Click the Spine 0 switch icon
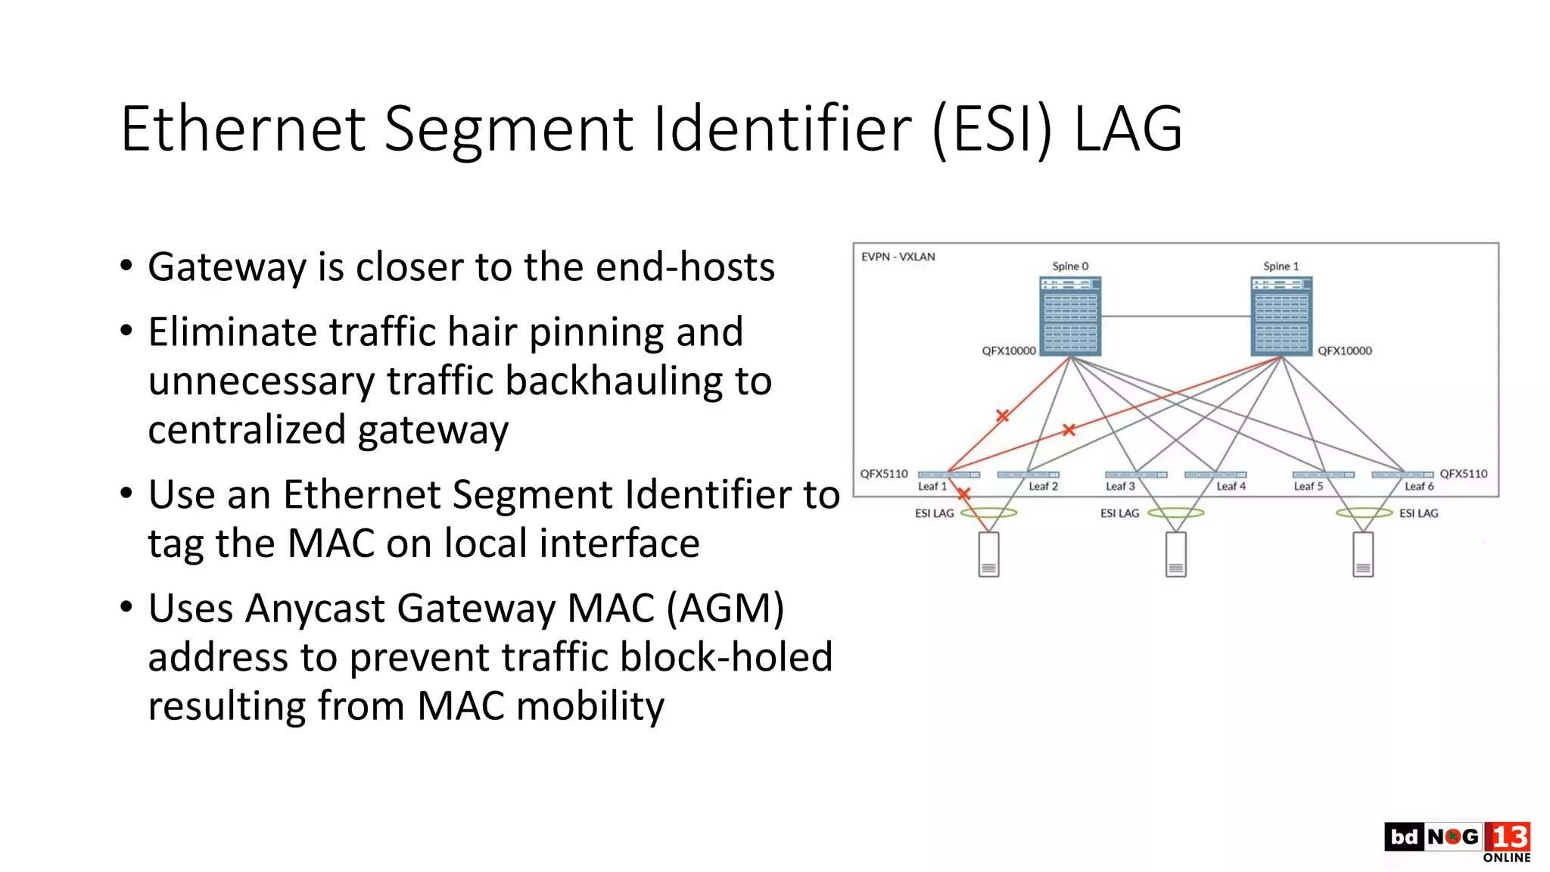[x=1070, y=316]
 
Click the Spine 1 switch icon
[x=1281, y=316]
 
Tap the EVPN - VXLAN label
[x=898, y=257]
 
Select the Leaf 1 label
[x=932, y=487]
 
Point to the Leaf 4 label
[x=1231, y=487]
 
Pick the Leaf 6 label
[x=1419, y=487]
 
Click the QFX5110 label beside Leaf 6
[x=1463, y=474]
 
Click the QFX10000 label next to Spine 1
[x=1344, y=350]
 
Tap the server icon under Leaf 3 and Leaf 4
[x=1175, y=554]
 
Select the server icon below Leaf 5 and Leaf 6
[x=1363, y=554]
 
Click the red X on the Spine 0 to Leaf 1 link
[x=1002, y=416]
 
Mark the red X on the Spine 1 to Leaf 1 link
[x=1069, y=430]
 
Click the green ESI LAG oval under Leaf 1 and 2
[x=988, y=513]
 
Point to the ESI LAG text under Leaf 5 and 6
[x=1418, y=513]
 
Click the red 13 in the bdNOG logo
[x=1508, y=836]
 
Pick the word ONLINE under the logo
[x=1506, y=858]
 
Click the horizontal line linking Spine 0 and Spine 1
[x=1175, y=316]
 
